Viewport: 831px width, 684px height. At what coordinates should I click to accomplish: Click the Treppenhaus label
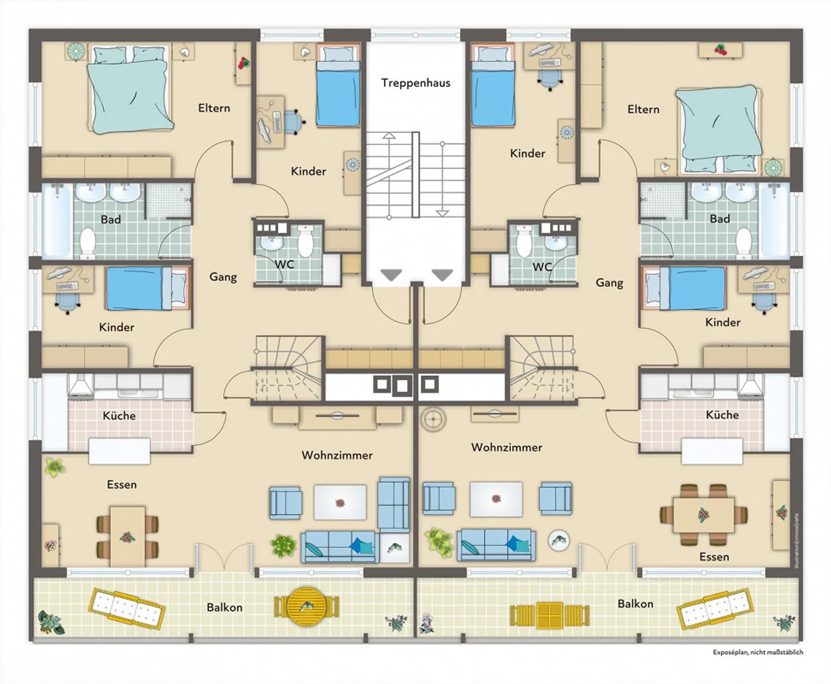click(415, 83)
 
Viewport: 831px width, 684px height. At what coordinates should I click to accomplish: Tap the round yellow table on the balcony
click(306, 607)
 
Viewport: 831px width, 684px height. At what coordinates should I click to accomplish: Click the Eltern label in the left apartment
click(214, 108)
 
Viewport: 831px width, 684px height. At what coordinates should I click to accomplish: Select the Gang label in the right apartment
click(609, 283)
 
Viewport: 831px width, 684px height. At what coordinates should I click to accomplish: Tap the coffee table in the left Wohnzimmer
click(340, 502)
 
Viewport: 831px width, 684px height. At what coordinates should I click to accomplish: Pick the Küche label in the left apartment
click(119, 416)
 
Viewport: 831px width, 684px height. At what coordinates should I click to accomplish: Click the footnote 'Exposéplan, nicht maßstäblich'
click(758, 652)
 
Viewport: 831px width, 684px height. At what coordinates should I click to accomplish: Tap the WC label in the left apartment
click(284, 264)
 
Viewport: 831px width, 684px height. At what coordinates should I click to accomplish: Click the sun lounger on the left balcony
click(126, 608)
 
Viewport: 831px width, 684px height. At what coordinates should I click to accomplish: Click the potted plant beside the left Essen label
click(55, 467)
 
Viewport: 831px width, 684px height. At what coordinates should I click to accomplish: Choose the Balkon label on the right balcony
click(635, 604)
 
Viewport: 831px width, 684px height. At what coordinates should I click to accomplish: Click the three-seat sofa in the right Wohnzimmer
click(496, 545)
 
